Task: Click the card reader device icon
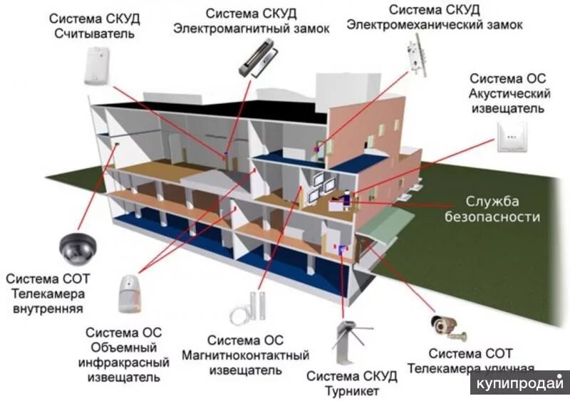(99, 66)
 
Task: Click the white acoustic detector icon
(511, 137)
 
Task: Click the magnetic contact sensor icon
(247, 308)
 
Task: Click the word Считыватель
(93, 33)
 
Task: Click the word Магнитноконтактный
(244, 355)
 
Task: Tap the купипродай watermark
(519, 382)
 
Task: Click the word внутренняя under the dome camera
(48, 308)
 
